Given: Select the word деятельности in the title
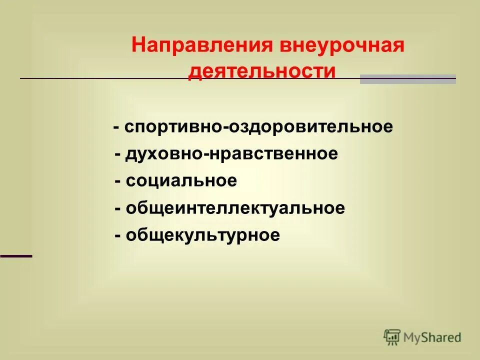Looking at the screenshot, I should (261, 70).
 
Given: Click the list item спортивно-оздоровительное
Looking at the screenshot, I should (258, 127).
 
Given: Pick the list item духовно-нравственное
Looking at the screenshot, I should (232, 154).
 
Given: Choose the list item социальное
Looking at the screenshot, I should (181, 181).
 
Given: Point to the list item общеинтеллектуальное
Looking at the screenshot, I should (235, 208).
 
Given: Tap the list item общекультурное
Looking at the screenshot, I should (203, 235).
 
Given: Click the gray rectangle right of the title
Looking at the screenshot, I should (407, 79).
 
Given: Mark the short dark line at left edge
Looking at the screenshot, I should (16, 255).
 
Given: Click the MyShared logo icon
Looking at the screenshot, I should (392, 337).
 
